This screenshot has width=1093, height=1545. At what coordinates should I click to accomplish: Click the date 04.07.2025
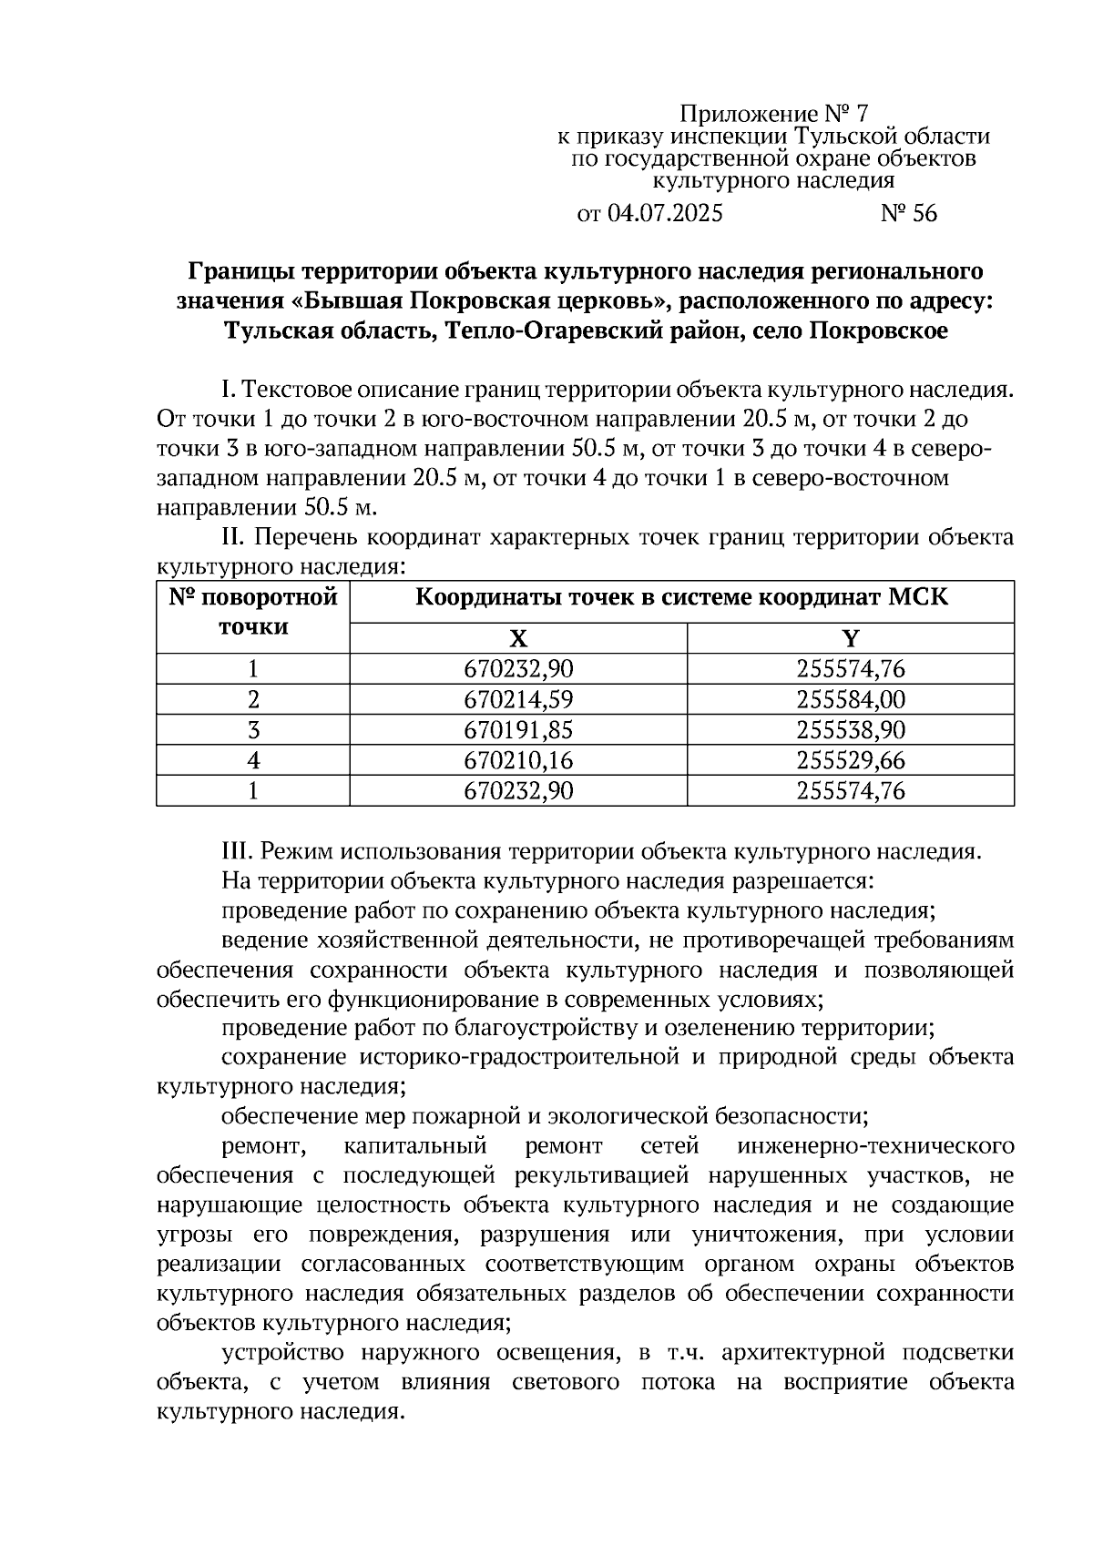tap(664, 213)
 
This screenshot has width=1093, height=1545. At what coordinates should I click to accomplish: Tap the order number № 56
tap(908, 213)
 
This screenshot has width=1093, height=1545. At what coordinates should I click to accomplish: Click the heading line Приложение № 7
tap(774, 114)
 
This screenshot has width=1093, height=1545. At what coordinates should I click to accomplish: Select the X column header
tap(517, 638)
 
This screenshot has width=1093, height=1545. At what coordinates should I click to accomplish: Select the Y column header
tap(850, 638)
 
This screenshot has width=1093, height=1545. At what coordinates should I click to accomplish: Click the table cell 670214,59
tap(518, 699)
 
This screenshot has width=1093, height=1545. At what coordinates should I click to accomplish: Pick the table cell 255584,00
tap(850, 699)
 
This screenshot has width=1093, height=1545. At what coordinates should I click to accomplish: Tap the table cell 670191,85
tap(518, 730)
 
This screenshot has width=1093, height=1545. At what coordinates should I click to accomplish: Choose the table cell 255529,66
tap(850, 760)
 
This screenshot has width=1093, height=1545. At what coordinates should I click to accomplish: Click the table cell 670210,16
tap(518, 760)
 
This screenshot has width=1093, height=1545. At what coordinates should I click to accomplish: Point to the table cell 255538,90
tap(850, 730)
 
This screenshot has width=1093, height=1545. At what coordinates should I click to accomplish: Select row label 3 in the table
tap(253, 730)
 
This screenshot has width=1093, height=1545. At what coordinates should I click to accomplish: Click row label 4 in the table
tap(253, 760)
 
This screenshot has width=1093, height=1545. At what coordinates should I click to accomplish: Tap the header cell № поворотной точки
tap(253, 612)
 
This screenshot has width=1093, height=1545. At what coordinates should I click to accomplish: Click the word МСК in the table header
tap(913, 598)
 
